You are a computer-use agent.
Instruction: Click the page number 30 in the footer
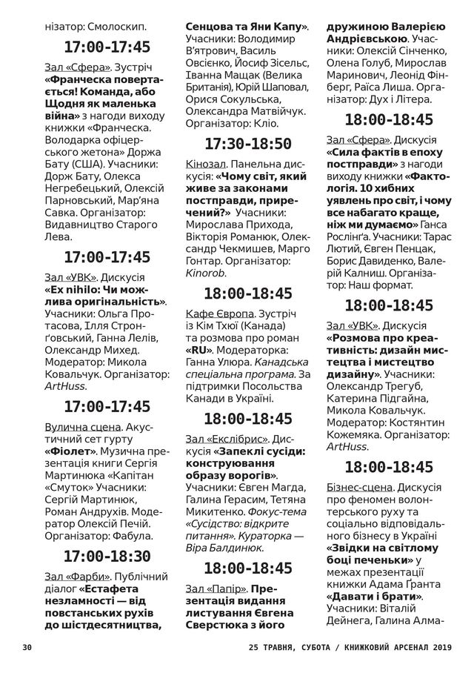(x=27, y=647)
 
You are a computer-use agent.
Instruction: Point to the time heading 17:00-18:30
(x=107, y=556)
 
